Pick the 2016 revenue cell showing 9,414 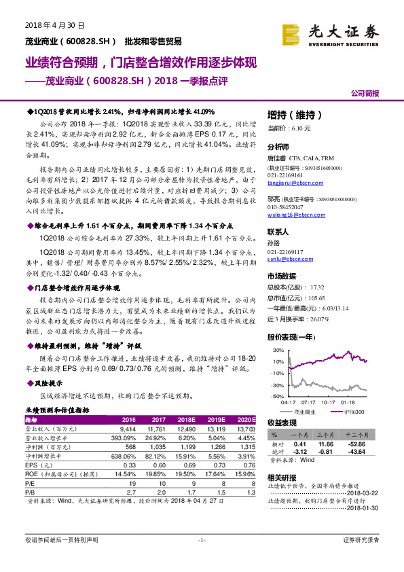tap(128, 429)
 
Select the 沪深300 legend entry tap(354, 412)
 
